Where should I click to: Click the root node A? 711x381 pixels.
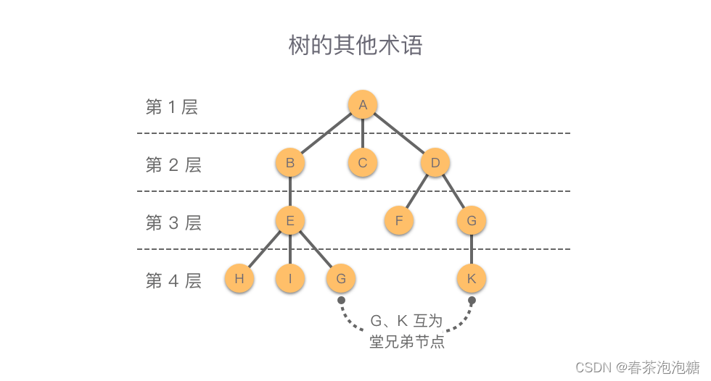click(363, 105)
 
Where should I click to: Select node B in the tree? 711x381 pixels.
click(290, 163)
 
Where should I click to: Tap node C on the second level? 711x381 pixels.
click(363, 163)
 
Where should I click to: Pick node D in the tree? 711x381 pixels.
click(435, 163)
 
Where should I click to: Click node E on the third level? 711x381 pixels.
click(290, 221)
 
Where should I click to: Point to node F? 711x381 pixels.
click(399, 221)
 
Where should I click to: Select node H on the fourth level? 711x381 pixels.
click(239, 279)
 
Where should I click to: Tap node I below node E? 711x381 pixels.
click(290, 279)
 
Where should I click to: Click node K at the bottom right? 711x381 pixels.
click(472, 279)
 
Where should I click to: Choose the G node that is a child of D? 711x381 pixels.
click(472, 221)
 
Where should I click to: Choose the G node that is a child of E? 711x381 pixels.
click(341, 279)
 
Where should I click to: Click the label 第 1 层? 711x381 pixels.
click(172, 107)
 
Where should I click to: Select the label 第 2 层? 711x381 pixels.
click(173, 165)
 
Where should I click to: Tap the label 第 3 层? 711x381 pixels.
click(173, 223)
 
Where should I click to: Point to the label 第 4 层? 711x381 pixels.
click(173, 281)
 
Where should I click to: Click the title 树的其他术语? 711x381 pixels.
click(355, 46)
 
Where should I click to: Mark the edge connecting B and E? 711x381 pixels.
click(290, 192)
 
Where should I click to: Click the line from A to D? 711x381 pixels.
click(399, 134)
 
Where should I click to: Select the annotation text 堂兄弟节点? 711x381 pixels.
click(406, 342)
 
